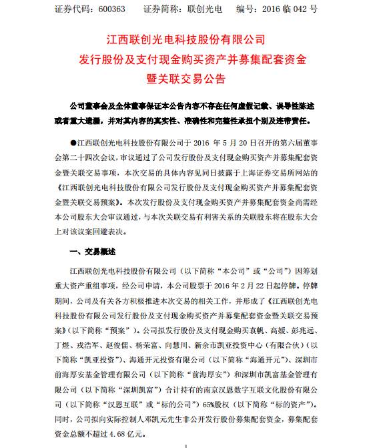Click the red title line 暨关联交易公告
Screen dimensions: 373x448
click(187, 77)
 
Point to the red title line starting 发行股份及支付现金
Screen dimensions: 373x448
click(187, 59)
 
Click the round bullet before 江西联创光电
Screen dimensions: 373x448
click(73, 142)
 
